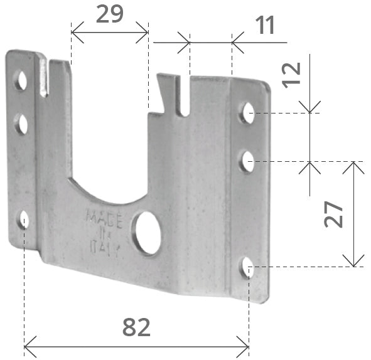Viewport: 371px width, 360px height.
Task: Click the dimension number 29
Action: pyautogui.click(x=110, y=13)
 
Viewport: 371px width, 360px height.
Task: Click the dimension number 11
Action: pyautogui.click(x=266, y=26)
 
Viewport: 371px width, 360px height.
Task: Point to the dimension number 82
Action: pyautogui.click(x=136, y=327)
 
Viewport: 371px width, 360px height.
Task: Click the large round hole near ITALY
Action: pyautogui.click(x=148, y=233)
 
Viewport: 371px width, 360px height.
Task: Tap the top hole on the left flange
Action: pyautogui.click(x=22, y=80)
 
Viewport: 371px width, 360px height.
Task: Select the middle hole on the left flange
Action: pyautogui.click(x=22, y=124)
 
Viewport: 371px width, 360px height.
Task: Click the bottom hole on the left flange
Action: pyautogui.click(x=24, y=219)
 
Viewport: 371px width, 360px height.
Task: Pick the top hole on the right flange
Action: pyautogui.click(x=247, y=113)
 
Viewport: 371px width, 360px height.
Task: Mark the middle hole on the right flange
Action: pyautogui.click(x=247, y=162)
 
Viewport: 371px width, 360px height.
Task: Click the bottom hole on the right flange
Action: pyautogui.click(x=247, y=267)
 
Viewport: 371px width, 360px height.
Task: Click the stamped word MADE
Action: pyautogui.click(x=100, y=216)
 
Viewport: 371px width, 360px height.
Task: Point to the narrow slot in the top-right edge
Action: pyautogui.click(x=183, y=97)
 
